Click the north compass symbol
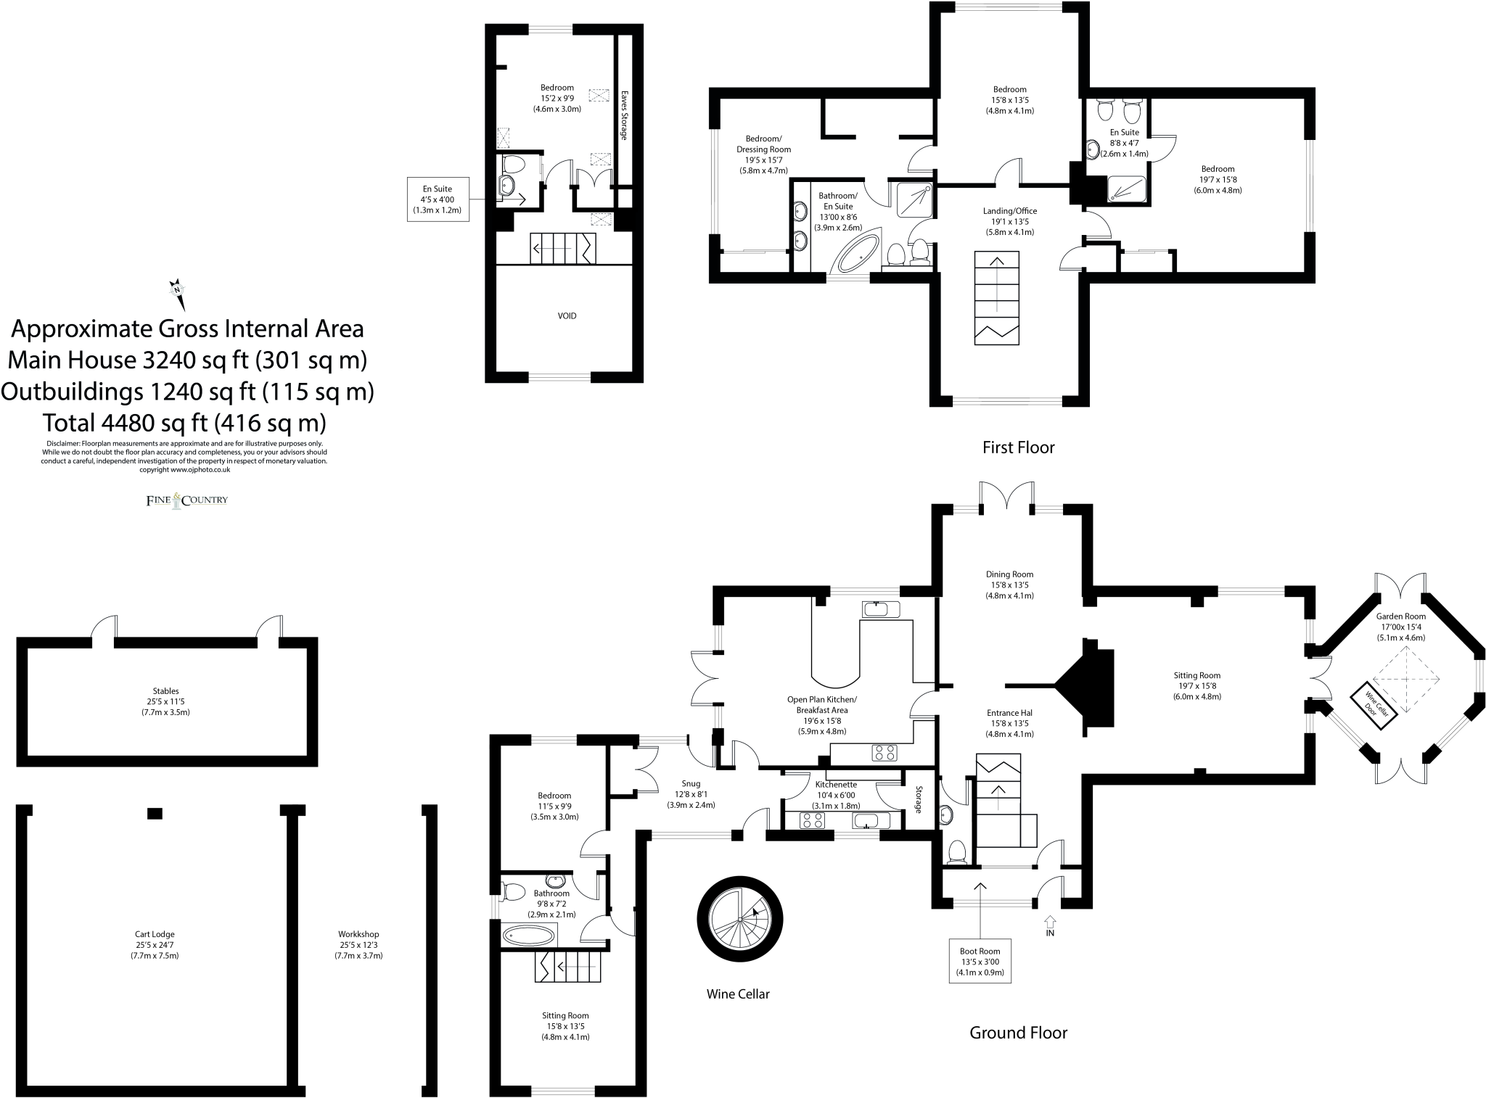click(x=177, y=293)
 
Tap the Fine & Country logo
click(x=187, y=500)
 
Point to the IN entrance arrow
click(x=1050, y=926)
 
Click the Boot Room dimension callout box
click(x=980, y=961)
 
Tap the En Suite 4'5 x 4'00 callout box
click(x=438, y=199)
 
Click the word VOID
click(x=567, y=315)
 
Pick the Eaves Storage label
click(x=624, y=115)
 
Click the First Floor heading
click(x=1018, y=447)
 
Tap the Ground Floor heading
click(x=1018, y=1033)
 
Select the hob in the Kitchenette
click(x=812, y=820)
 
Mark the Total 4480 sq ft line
click(x=184, y=422)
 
